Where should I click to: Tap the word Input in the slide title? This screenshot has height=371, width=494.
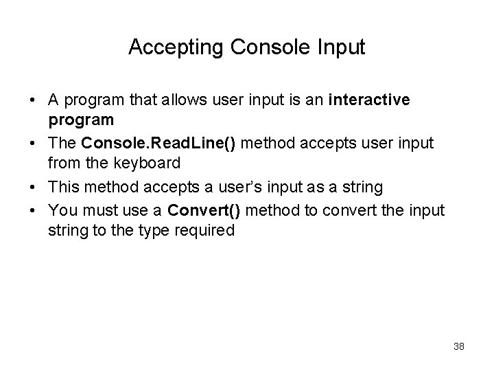[342, 47]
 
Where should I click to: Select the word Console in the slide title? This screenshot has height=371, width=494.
[266, 47]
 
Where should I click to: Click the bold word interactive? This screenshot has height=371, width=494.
[370, 100]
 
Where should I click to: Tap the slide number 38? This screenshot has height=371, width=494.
[458, 346]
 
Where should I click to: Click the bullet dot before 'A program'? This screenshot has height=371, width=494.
[33, 101]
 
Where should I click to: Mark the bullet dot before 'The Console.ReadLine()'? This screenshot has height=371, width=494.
[33, 144]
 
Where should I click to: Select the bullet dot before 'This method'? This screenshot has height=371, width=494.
[33, 187]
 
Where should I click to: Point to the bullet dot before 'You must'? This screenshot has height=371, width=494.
[33, 209]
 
